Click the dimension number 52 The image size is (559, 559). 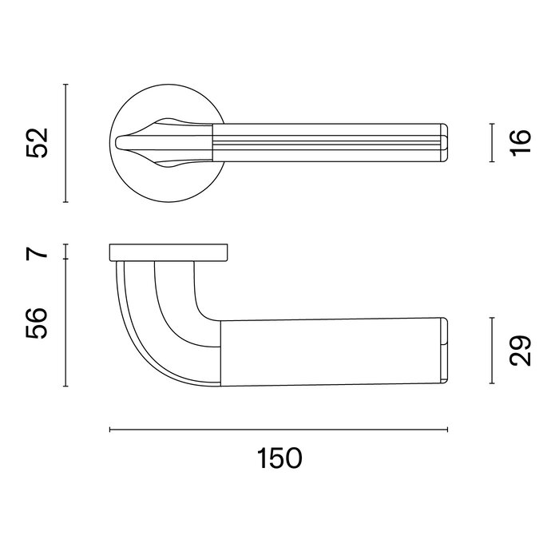click(38, 142)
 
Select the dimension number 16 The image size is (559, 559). click(520, 142)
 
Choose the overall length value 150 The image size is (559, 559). click(279, 458)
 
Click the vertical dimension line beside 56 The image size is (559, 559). click(65, 323)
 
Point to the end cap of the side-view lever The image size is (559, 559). click(442, 352)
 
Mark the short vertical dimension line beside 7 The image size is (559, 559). click(65, 253)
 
